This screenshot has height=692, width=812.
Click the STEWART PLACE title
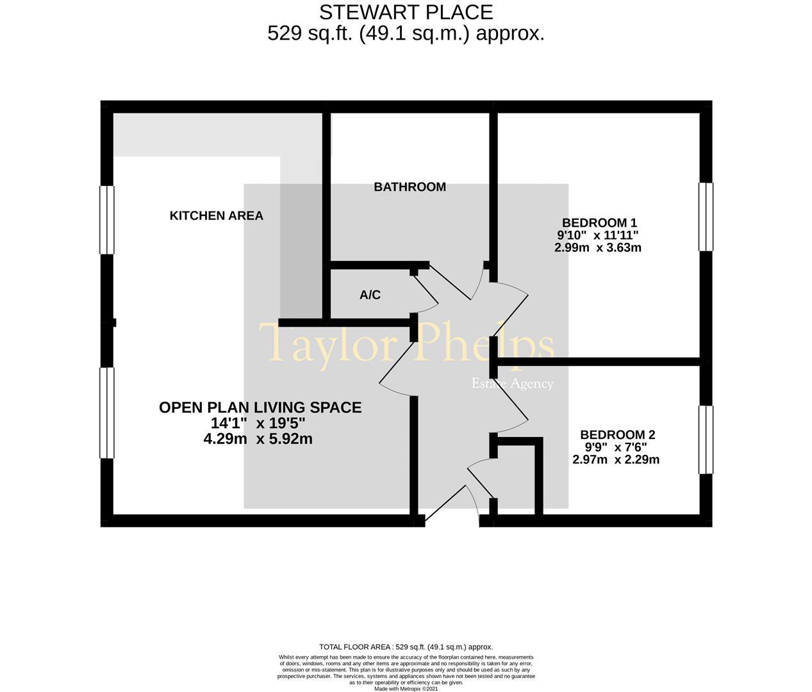[x=406, y=13]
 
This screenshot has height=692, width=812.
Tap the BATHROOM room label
[x=410, y=187]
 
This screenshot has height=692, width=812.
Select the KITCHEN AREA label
[x=217, y=216]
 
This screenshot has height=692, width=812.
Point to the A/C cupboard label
[x=370, y=295]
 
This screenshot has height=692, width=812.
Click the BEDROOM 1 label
[x=599, y=223]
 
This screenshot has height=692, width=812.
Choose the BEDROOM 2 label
[x=618, y=435]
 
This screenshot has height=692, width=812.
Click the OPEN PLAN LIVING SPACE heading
[x=260, y=408]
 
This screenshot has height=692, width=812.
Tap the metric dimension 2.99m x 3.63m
[x=597, y=248]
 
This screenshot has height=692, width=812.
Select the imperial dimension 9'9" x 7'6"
[x=615, y=447]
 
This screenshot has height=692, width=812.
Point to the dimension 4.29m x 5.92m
[x=258, y=439]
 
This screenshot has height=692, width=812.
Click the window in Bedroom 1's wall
[x=706, y=217]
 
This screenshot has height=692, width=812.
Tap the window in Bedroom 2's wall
[x=706, y=440]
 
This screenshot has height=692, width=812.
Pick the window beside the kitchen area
[x=107, y=220]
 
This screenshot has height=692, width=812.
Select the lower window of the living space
[x=107, y=413]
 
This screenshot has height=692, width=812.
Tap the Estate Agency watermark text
[x=512, y=384]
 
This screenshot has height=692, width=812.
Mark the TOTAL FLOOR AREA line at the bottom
[x=406, y=647]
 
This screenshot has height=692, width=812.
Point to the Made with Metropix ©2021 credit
[x=406, y=689]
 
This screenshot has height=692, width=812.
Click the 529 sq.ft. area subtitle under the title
[x=406, y=33]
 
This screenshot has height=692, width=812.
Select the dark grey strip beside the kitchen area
[x=301, y=251]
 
